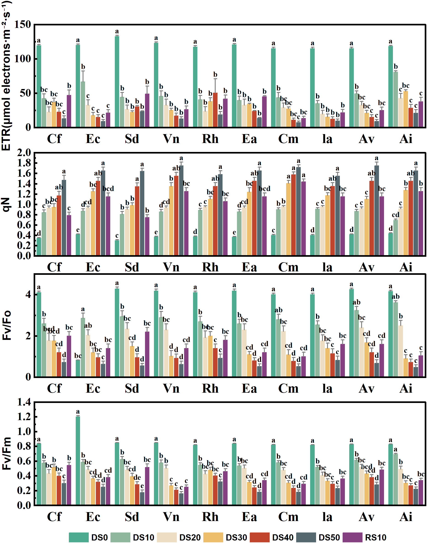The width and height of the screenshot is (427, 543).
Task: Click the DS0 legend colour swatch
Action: point(78,537)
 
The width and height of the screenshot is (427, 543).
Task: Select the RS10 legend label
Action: point(375,537)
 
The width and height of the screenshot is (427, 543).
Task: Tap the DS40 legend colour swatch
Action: point(260,537)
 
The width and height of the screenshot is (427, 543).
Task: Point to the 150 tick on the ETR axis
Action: point(23,24)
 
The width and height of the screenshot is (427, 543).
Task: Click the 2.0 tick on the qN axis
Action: point(24,152)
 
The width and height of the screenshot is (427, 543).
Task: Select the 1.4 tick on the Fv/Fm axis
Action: point(24,402)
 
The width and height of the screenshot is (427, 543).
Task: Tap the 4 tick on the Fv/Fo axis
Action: point(28,294)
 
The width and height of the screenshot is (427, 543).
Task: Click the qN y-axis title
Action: point(6,204)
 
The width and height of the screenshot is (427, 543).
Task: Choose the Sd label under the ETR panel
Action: point(132,139)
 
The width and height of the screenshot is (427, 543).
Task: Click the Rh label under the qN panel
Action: point(210,267)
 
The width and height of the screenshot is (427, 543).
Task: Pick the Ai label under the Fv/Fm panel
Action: point(406,517)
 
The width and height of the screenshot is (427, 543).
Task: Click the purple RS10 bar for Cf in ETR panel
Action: point(69,111)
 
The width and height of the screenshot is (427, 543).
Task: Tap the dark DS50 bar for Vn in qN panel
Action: point(181,210)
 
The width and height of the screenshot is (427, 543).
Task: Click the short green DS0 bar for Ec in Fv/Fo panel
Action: point(78,368)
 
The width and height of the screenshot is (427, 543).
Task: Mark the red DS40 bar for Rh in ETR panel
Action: point(215,110)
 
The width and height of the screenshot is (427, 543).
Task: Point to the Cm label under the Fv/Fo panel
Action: point(288,388)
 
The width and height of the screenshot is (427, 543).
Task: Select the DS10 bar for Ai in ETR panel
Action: point(395,99)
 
